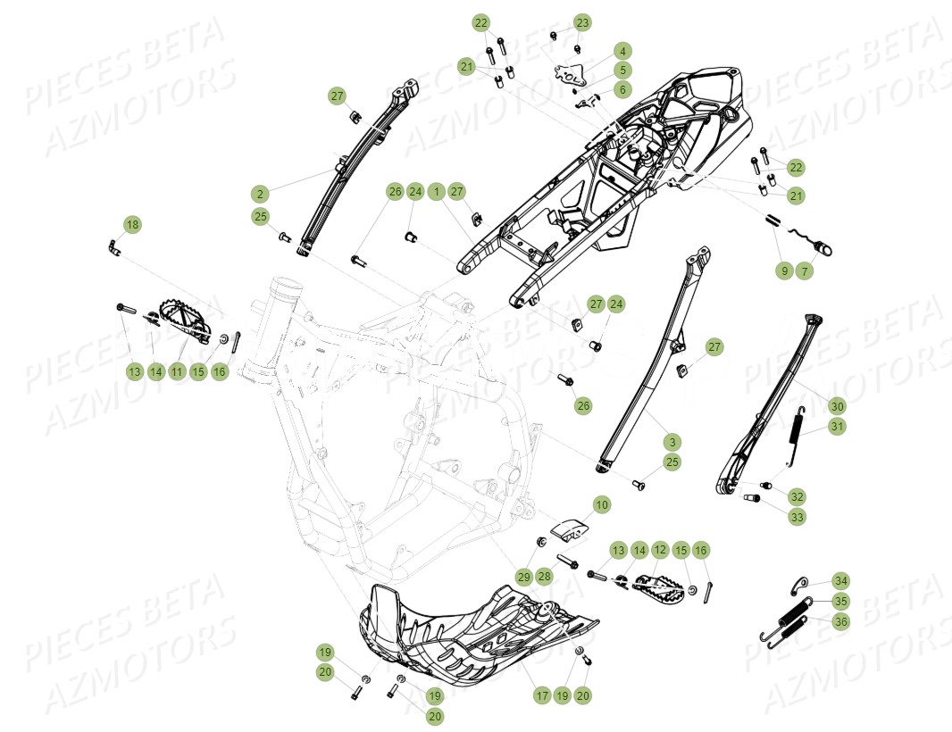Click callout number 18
pos(132,225)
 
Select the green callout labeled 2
pos(260,194)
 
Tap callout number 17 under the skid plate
pos(541,695)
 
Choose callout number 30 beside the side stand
pos(837,406)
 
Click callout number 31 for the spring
pos(837,427)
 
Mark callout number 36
pos(841,621)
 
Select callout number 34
pos(841,580)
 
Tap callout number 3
pos(672,441)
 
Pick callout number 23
pos(582,21)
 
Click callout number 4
pos(622,51)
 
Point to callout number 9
pos(784,270)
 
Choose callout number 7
pos(805,270)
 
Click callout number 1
pos(436,191)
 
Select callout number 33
pos(797,516)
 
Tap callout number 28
pos(545,577)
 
